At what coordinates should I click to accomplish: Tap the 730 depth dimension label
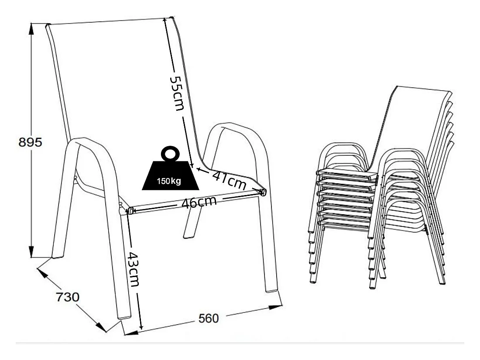pyautogui.click(x=67, y=298)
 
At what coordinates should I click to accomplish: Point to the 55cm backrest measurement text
pyautogui.click(x=177, y=93)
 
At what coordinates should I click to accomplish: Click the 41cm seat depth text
pyautogui.click(x=229, y=181)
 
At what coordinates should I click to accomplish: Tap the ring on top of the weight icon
pyautogui.click(x=170, y=154)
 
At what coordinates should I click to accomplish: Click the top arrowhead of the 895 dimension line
pyautogui.click(x=31, y=26)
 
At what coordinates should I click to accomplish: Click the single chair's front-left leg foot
pyautogui.click(x=124, y=315)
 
